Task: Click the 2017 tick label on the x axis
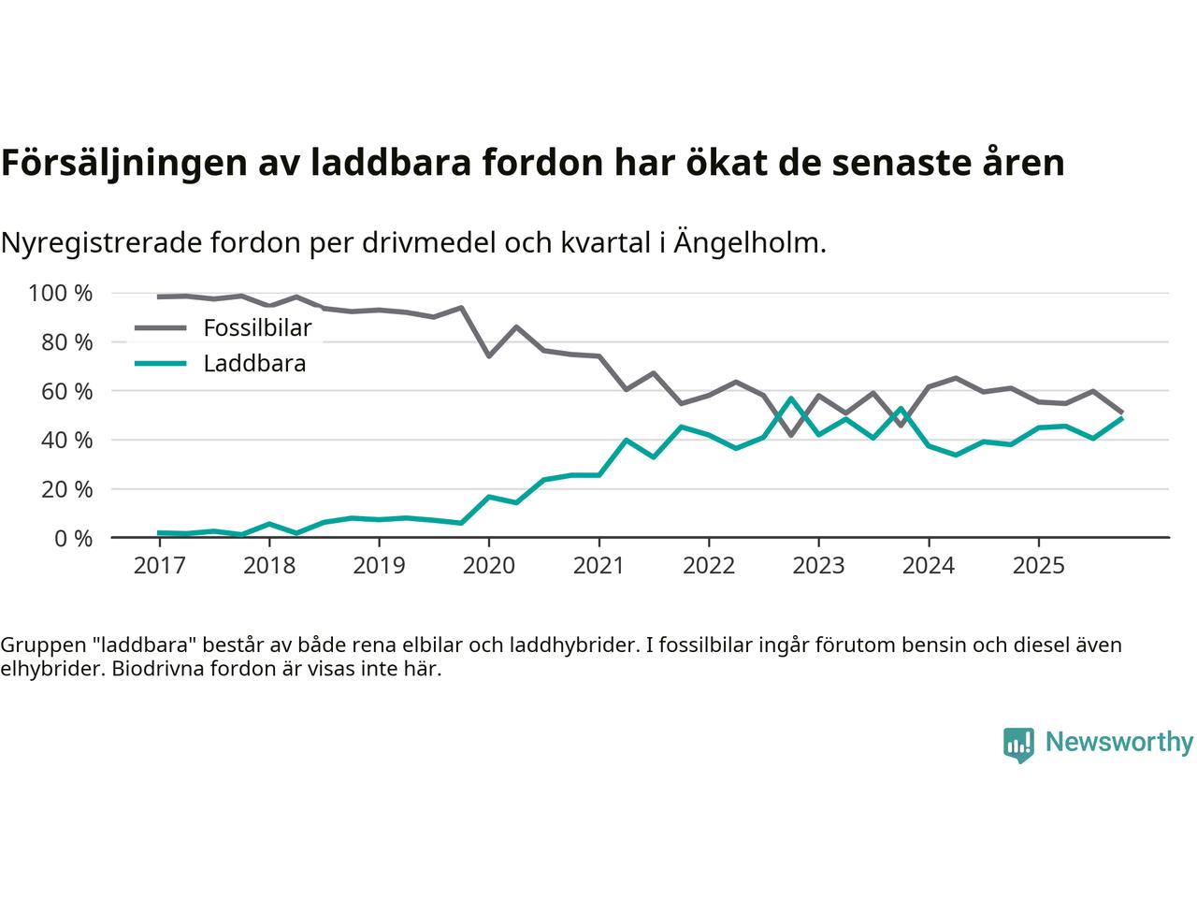tap(160, 566)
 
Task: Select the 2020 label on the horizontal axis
tap(489, 566)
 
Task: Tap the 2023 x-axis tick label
tap(818, 566)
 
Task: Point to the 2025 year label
tap(1038, 566)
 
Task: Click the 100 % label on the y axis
tap(61, 294)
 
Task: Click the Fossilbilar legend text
tap(257, 328)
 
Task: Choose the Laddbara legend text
tap(254, 364)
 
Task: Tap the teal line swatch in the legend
tap(160, 364)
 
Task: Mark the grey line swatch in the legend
tap(160, 328)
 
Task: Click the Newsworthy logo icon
tap(1018, 745)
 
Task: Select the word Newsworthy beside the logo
tap(1118, 743)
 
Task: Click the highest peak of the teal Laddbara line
tap(791, 398)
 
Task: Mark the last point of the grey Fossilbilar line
tap(1121, 412)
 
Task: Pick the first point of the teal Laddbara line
tap(160, 533)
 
